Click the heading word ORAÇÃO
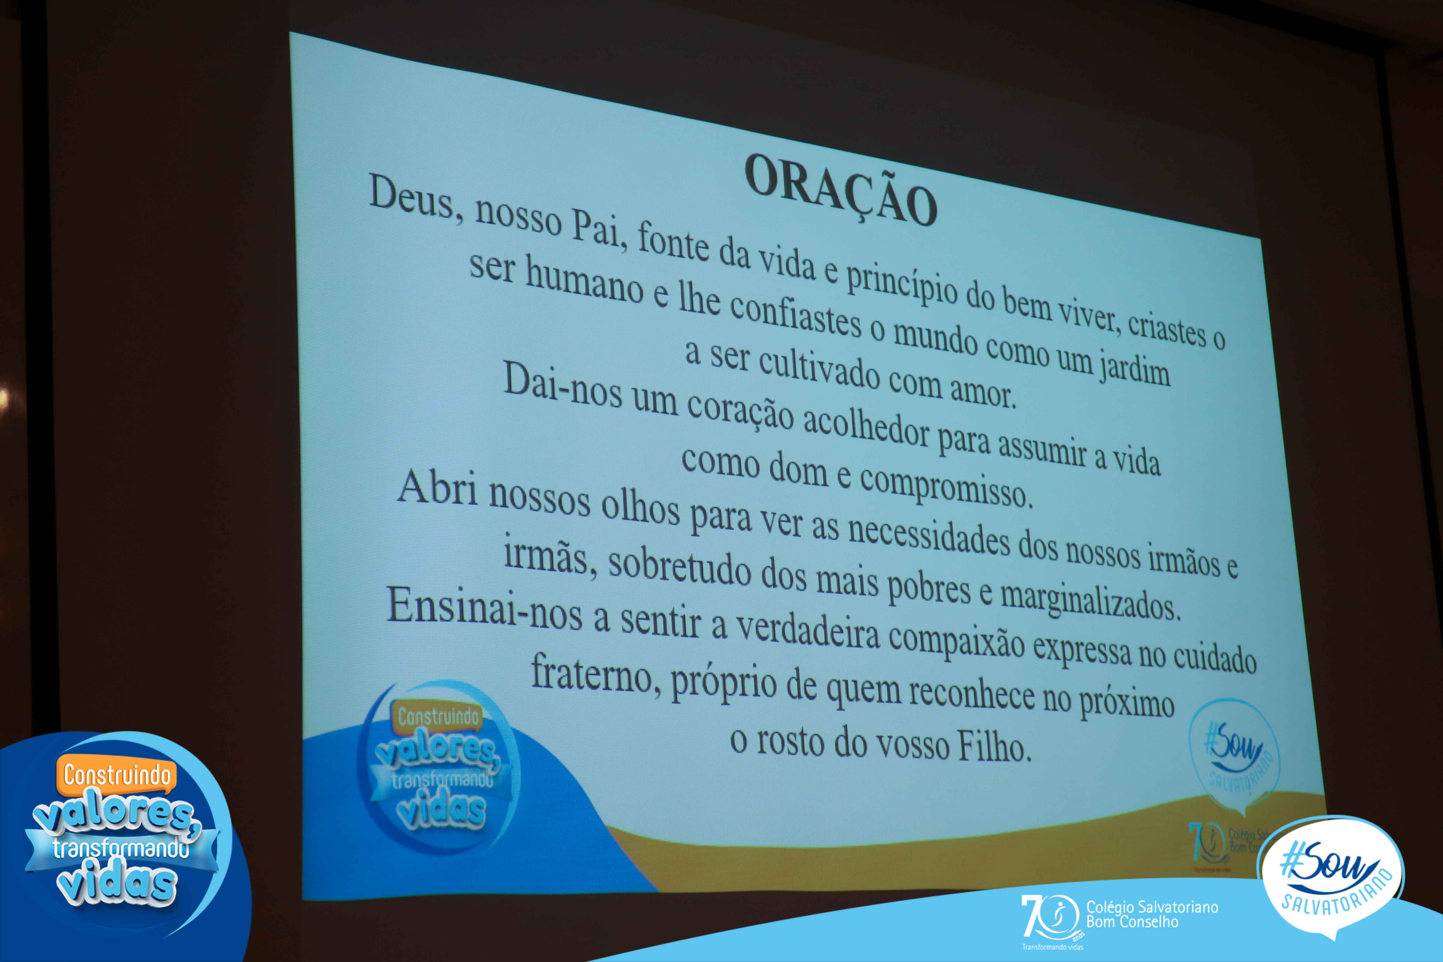tap(841, 188)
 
